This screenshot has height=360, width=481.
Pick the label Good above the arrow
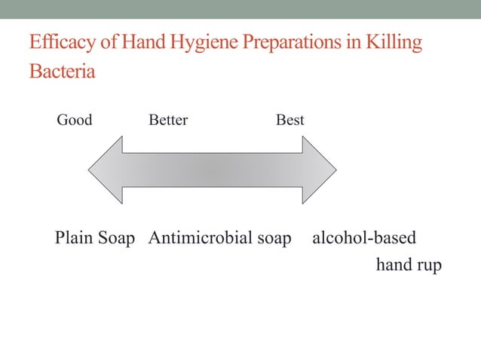(x=75, y=120)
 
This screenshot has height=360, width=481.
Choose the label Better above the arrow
(x=168, y=120)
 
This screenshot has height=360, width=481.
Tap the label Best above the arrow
(x=290, y=120)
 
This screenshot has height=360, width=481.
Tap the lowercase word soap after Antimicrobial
(x=274, y=239)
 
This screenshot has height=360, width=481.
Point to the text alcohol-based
(x=363, y=239)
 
